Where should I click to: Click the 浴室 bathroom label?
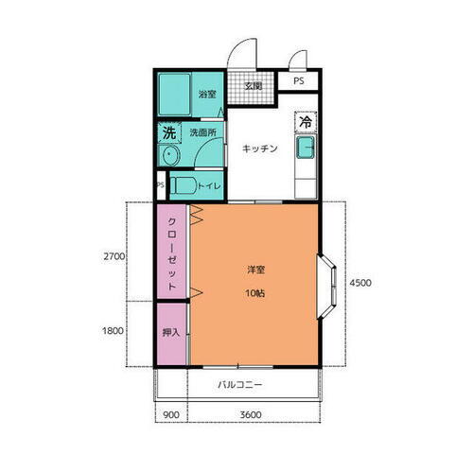[x=207, y=95]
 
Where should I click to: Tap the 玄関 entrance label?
[x=254, y=87]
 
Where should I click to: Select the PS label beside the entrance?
[x=298, y=81]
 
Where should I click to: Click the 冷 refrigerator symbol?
[x=306, y=121]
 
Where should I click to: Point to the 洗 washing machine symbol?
[x=169, y=132]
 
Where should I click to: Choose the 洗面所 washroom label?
[x=201, y=133]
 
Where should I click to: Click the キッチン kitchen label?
[x=258, y=149]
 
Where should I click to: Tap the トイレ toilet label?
[x=209, y=186]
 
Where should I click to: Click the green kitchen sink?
[x=307, y=149]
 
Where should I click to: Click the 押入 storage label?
[x=171, y=333]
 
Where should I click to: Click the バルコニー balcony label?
[x=240, y=385]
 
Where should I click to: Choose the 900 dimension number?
[x=170, y=413]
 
